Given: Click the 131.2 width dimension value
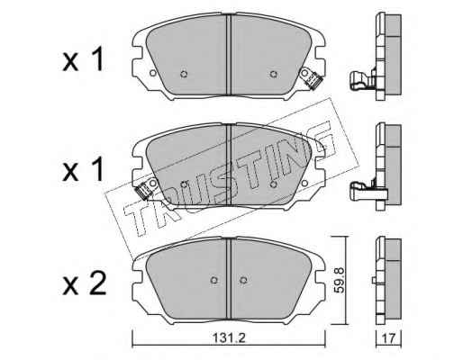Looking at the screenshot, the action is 229,338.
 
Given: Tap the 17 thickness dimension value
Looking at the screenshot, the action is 388,338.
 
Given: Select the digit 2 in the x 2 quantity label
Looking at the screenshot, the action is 97,283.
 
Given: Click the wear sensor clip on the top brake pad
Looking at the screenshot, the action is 314,79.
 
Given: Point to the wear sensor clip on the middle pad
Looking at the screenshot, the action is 143,190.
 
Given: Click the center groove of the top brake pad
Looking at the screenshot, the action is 229,54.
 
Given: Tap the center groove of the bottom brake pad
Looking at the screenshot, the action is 229,279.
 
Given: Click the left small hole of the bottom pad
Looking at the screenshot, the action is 213,280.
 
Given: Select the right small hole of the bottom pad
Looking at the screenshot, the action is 243,280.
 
